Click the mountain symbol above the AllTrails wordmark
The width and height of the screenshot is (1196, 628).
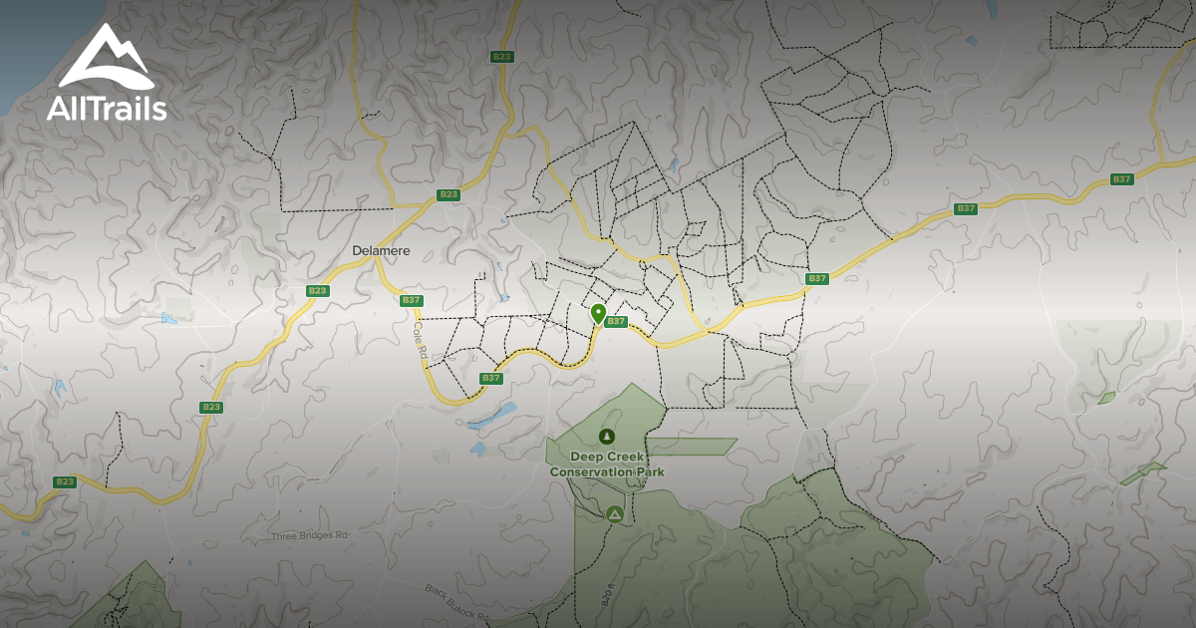[x=106, y=60]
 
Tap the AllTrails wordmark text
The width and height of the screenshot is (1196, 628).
[x=107, y=109]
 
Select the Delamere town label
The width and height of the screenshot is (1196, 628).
[x=381, y=251]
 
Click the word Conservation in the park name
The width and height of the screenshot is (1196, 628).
[x=588, y=471]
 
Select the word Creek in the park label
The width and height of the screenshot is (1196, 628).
[x=627, y=457]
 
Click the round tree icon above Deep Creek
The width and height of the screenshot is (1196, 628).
[x=606, y=436]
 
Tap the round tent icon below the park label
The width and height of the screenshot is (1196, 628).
[x=615, y=514]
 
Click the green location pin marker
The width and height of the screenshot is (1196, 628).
[x=598, y=313]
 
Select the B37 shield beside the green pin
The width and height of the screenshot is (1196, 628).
[x=616, y=322]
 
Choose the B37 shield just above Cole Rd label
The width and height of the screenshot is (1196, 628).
[x=411, y=300]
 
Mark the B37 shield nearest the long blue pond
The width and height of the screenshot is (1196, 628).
[x=490, y=378]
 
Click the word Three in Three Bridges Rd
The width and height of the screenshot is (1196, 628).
[x=284, y=536]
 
